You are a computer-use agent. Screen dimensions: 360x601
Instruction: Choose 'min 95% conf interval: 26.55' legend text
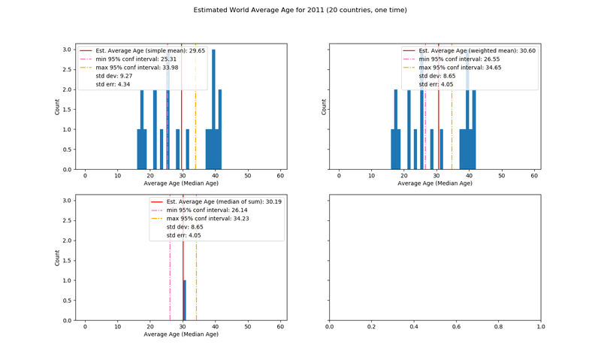pyautogui.click(x=459, y=59)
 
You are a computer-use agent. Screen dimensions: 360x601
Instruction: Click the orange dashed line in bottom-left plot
pyautogui.click(x=196, y=278)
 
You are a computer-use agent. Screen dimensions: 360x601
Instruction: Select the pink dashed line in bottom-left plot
pyautogui.click(x=170, y=278)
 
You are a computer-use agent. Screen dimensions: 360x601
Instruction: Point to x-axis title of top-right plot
pyautogui.click(x=435, y=183)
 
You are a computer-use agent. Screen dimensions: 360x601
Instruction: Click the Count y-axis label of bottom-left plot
pyautogui.click(x=58, y=258)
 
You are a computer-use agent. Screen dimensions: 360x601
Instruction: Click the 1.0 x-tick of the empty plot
pyautogui.click(x=540, y=328)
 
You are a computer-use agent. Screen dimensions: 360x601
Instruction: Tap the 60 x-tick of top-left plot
pyautogui.click(x=280, y=175)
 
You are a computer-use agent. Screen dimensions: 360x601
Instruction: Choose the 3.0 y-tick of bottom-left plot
pyautogui.click(x=68, y=201)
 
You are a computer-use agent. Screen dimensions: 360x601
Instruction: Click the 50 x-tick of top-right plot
pyautogui.click(x=502, y=175)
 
